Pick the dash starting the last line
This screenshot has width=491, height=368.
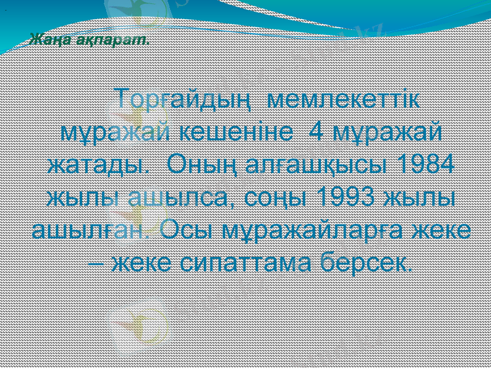(95, 265)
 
